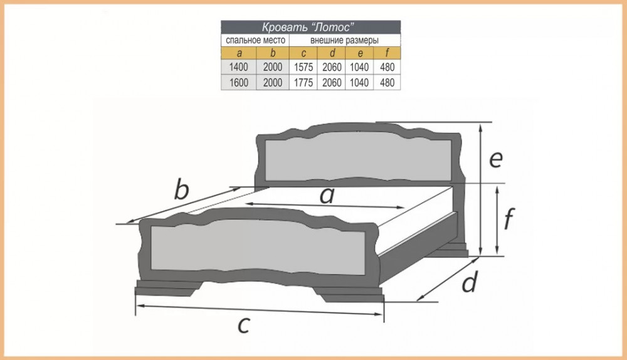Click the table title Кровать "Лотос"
(x=308, y=27)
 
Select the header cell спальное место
(x=255, y=40)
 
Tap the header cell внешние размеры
(x=344, y=40)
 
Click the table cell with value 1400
(x=239, y=67)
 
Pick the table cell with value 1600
(x=239, y=82)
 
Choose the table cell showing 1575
(x=303, y=67)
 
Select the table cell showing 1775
(x=303, y=82)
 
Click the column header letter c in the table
(x=303, y=53)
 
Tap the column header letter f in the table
(x=387, y=53)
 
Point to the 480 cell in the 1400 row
(x=387, y=67)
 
